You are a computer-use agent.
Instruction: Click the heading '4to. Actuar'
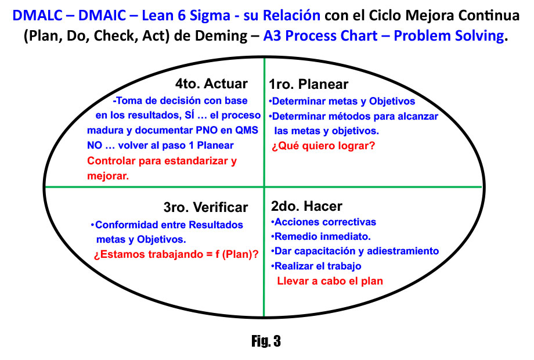pos(211,84)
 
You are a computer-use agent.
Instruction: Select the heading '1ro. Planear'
pos(309,84)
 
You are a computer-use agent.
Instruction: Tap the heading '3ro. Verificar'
pos(205,207)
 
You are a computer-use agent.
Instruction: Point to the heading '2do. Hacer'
pos(306,206)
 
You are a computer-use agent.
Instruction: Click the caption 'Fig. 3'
pos(266,341)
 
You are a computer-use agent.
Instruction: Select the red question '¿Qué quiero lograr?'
pos(323,146)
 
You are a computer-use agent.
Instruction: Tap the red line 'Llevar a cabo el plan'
pos(330,281)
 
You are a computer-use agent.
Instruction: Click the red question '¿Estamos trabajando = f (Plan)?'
pos(176,254)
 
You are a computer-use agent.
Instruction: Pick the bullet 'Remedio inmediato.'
pos(321,236)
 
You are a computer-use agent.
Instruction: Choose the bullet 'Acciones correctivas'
pos(323,222)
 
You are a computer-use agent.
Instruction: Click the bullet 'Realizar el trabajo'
pos(316,266)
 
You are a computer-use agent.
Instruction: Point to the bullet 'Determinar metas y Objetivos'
pos(342,101)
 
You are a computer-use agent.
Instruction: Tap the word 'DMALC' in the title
pos(38,15)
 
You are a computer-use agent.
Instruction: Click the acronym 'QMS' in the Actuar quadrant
pos(247,130)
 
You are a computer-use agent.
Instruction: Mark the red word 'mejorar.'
pos(108,176)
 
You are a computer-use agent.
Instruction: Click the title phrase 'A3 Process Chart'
pos(320,36)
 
